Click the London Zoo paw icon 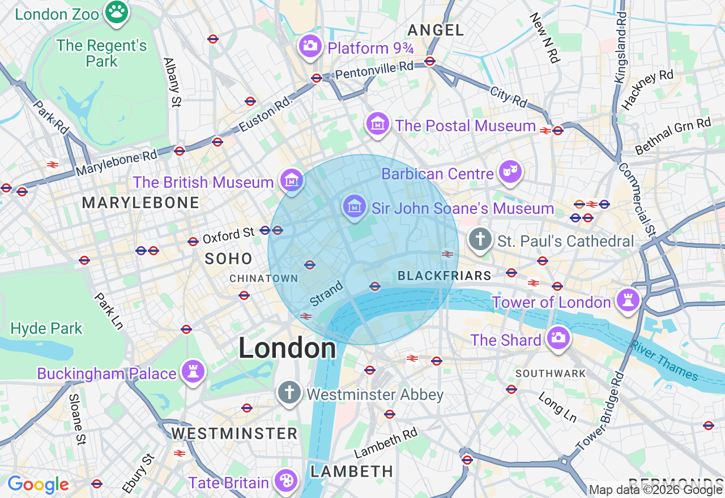tap(117, 11)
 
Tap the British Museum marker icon tap(292, 181)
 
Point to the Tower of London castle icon tap(628, 299)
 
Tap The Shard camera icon tap(558, 338)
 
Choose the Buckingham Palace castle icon tap(193, 371)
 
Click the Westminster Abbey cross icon tap(289, 392)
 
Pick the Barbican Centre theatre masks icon tap(510, 171)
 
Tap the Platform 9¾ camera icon tap(310, 46)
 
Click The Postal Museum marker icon tap(377, 124)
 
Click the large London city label tap(287, 347)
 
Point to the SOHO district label tap(229, 259)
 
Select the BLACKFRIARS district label tap(445, 276)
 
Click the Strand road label tap(327, 294)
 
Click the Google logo tap(38, 484)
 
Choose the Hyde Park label tap(46, 328)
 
